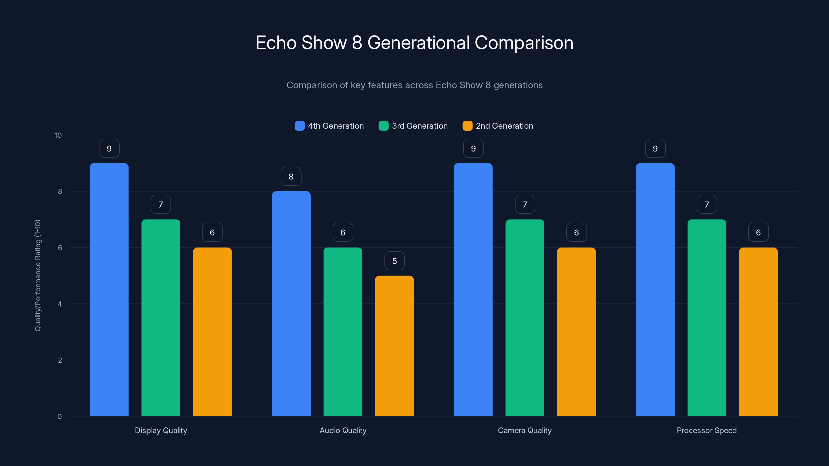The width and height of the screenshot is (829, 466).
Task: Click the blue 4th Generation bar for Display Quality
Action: (x=109, y=289)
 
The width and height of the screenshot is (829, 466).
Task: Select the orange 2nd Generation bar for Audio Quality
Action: (x=394, y=346)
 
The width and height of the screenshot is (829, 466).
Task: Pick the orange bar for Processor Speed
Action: (x=758, y=332)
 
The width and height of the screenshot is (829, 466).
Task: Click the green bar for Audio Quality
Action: (x=343, y=332)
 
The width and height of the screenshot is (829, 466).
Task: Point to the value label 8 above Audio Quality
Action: (x=291, y=176)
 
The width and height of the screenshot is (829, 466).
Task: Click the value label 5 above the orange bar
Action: (x=394, y=261)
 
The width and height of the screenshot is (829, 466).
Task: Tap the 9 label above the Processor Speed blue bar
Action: (x=655, y=148)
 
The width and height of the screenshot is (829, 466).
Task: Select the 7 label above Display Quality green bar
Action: (x=161, y=204)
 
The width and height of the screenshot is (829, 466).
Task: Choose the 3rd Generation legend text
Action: (x=420, y=126)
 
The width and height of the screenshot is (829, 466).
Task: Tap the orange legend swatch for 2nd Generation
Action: (x=467, y=126)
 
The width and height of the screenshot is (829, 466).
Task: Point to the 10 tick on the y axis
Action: (x=58, y=135)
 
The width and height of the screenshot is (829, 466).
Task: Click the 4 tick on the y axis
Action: (x=60, y=304)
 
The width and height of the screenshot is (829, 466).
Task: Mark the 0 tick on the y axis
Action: (x=60, y=417)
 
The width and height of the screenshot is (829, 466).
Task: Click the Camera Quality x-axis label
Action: (x=525, y=430)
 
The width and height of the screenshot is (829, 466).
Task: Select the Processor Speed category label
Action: (x=706, y=430)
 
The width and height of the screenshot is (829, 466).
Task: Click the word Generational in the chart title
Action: (x=418, y=42)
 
